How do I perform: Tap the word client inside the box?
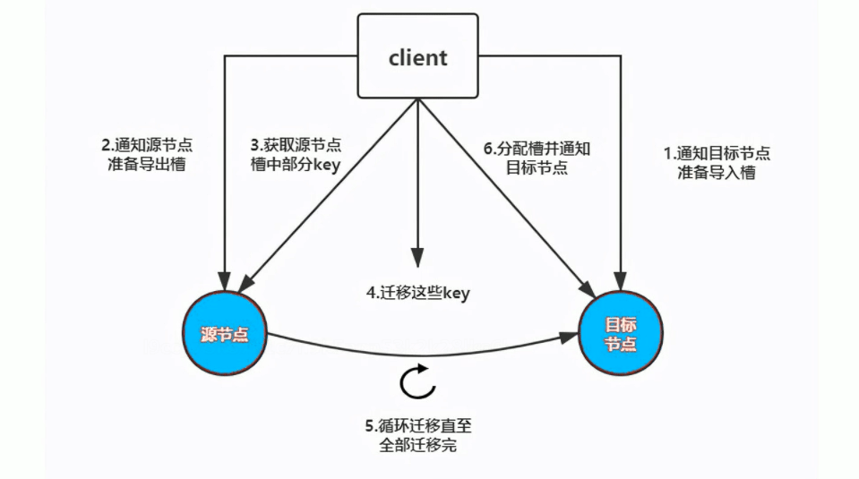[x=417, y=58]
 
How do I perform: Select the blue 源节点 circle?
[x=225, y=335]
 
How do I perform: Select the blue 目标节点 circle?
[x=621, y=333]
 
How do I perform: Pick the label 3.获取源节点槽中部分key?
[x=296, y=154]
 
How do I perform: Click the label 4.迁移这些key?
[x=419, y=293]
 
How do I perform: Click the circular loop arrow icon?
[x=417, y=382]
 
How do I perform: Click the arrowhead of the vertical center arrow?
[x=417, y=257]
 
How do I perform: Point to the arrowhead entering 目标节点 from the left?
[x=569, y=337]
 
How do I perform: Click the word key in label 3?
[x=325, y=164]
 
